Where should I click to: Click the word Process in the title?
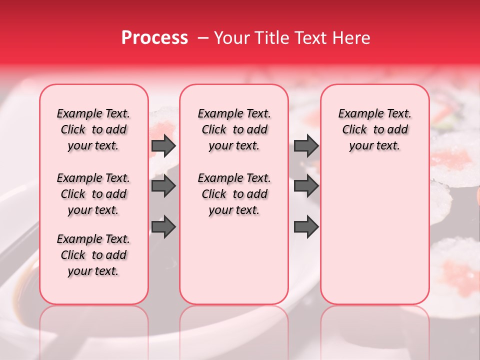(154, 37)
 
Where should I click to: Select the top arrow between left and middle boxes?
(163, 145)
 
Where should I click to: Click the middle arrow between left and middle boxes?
(163, 186)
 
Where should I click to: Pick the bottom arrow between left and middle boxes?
(163, 226)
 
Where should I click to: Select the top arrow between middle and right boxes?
(306, 145)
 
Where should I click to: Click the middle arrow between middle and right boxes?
(306, 186)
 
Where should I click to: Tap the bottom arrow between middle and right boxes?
(306, 226)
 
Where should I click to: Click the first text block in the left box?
(93, 129)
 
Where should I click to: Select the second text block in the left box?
(93, 194)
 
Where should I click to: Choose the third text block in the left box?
(93, 255)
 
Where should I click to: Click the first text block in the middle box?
(234, 129)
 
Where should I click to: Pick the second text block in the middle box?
(234, 194)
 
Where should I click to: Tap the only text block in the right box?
(374, 129)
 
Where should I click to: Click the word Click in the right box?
(354, 129)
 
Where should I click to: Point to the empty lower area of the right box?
(374, 235)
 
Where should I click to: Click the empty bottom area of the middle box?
(234, 265)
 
